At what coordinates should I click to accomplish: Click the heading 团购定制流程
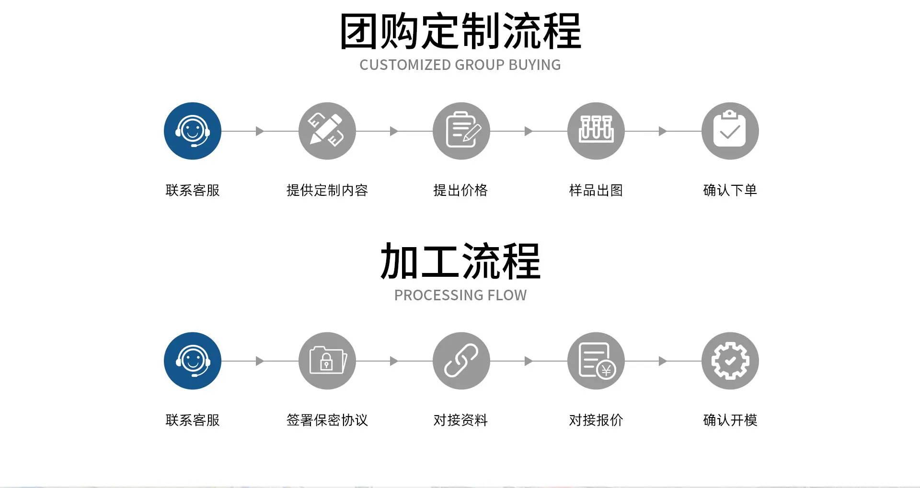460,32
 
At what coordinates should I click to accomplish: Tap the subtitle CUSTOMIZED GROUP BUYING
460,65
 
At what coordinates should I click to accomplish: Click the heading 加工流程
460,261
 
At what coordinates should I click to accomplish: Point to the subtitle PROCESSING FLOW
460,295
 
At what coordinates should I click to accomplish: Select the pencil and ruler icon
327,131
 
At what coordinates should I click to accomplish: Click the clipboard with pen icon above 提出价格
461,131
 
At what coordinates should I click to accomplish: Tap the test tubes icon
596,131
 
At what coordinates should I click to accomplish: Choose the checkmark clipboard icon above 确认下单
730,131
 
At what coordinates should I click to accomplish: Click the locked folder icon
327,361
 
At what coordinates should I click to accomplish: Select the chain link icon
461,361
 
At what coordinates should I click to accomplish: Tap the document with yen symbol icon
596,361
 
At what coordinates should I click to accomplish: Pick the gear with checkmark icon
730,361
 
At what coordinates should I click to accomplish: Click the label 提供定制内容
327,190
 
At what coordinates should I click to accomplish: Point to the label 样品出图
596,190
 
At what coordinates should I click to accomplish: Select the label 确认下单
730,190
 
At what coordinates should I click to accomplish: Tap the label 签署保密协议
327,420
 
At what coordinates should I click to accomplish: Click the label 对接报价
596,420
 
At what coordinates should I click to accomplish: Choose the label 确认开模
730,420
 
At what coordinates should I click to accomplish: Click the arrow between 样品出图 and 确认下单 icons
663,131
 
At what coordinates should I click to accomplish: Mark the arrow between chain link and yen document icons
529,361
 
